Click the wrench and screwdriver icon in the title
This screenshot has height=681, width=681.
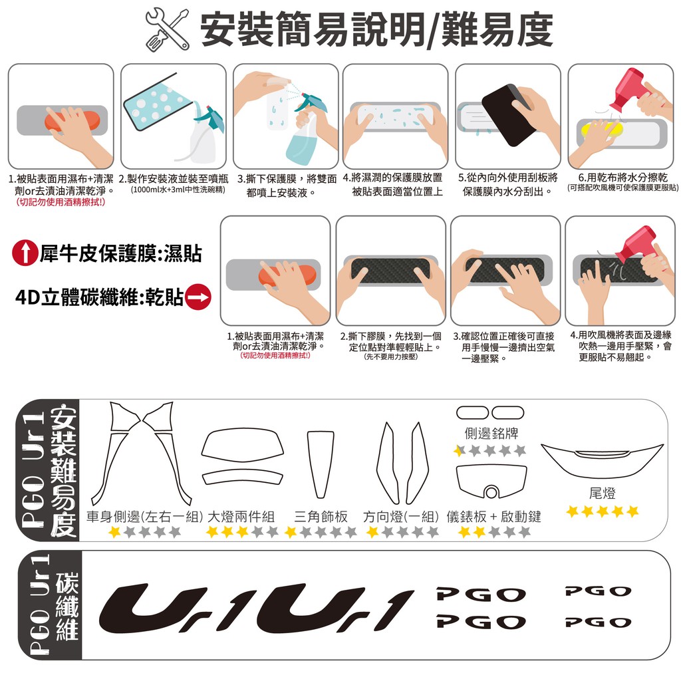point(167,30)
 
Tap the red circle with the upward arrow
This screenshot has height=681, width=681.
point(25,253)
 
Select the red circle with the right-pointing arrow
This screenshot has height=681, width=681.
point(198,297)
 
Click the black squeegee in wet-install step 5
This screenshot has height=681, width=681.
point(507,115)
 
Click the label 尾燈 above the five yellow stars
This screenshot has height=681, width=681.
point(603,493)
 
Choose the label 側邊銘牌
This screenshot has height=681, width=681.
point(491,433)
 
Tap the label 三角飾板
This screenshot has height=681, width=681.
point(321,516)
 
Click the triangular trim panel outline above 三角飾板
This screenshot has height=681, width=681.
point(321,464)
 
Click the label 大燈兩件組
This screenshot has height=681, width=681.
point(241,516)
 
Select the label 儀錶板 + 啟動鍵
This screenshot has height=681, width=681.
point(494,516)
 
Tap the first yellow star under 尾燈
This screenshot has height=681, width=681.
point(573,511)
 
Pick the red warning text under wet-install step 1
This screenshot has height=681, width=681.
point(61,202)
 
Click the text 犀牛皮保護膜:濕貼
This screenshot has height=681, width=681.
point(121,253)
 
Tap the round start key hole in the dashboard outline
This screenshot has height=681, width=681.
point(491,493)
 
